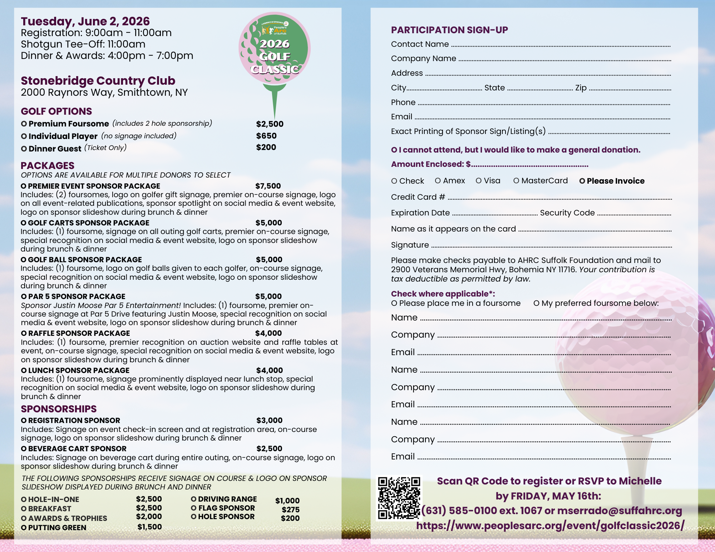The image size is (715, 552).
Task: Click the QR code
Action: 399,498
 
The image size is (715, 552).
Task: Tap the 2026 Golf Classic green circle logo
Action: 275,48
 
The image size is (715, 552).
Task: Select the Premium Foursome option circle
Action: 24,124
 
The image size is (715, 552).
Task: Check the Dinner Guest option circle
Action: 24,149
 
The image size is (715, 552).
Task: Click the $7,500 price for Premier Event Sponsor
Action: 268,186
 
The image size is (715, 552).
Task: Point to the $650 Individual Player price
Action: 266,136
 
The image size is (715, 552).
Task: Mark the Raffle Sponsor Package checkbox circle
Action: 24,333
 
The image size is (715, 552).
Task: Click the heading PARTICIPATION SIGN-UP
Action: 449,30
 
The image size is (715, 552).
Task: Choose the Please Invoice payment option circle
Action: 582,181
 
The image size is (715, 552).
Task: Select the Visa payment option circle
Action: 479,181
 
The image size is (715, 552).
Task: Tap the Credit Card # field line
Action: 559,198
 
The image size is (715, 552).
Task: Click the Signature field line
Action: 551,246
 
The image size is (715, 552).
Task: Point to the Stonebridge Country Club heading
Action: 98,81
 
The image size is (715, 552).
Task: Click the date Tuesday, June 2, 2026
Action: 85,21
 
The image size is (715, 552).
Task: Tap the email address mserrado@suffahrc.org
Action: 620,511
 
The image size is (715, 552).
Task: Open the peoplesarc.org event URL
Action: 550,526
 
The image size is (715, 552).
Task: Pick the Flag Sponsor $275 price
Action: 290,510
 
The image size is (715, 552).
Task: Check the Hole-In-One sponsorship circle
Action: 24,499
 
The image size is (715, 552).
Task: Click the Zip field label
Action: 581,88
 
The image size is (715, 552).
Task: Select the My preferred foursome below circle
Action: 536,303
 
